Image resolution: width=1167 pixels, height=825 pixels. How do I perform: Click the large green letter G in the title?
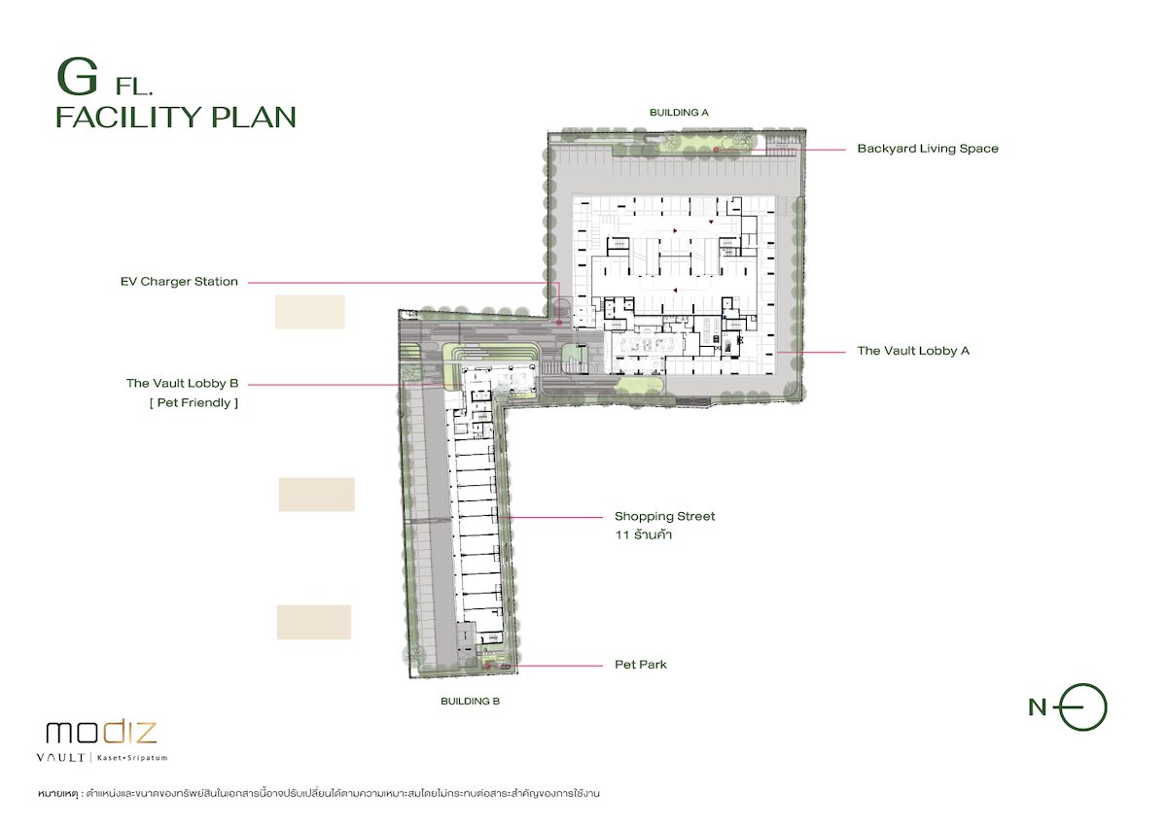(77, 77)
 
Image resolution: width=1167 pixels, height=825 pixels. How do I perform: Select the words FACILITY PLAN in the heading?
(176, 118)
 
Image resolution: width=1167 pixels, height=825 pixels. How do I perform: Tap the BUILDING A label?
(679, 113)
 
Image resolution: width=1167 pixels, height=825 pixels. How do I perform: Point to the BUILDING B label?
(470, 702)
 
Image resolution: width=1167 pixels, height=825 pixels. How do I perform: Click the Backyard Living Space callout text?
(928, 149)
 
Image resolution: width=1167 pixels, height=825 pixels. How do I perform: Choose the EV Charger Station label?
(179, 282)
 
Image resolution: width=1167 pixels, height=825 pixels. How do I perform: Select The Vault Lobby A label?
(913, 351)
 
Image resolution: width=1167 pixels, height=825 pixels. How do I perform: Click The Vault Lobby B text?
(183, 384)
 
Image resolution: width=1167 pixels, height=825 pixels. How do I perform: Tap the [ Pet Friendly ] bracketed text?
(194, 403)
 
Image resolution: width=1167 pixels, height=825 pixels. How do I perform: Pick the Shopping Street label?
(665, 516)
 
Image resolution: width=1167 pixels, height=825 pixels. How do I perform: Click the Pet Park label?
(641, 665)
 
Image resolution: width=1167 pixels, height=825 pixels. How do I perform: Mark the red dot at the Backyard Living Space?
(717, 150)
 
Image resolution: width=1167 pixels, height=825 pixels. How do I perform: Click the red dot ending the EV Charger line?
(559, 323)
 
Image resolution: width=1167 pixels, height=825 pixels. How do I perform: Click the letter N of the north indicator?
(1038, 707)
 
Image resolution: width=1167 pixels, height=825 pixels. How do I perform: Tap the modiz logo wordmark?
(101, 732)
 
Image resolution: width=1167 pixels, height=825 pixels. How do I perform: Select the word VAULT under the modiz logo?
(60, 758)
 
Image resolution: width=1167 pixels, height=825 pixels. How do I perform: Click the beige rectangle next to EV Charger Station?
(310, 312)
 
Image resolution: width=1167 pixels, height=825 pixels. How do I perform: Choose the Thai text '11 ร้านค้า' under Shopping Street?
(644, 535)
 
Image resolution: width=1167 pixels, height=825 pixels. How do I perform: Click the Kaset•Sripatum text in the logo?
(132, 758)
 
